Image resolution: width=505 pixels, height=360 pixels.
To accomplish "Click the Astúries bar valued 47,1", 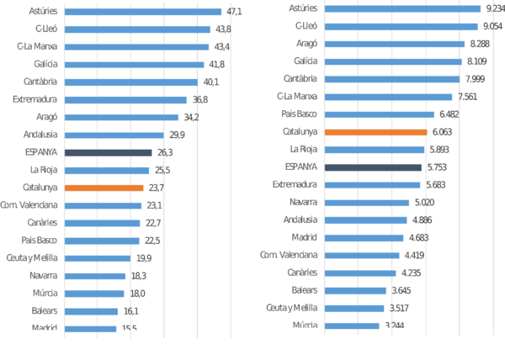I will (x=143, y=12).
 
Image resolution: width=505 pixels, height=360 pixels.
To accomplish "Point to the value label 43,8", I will (x=222, y=29).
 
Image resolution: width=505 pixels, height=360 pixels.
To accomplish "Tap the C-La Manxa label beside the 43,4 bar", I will (x=36, y=47).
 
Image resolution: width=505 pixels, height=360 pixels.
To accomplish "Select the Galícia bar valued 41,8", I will (x=134, y=65).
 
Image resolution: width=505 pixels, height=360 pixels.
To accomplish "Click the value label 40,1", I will (x=210, y=82).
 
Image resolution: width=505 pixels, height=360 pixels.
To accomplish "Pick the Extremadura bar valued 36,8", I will (x=125, y=99).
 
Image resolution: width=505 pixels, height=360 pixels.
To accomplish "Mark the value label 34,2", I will (x=191, y=117).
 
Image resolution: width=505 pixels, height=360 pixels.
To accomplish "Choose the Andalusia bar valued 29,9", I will (x=114, y=135).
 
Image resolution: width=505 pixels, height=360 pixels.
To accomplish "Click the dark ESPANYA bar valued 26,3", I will (x=109, y=152).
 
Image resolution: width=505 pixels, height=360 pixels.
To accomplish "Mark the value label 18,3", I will (x=138, y=275).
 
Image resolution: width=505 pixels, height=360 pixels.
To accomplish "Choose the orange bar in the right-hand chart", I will (x=376, y=132).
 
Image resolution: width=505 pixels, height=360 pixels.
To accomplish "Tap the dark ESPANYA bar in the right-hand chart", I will (x=374, y=167).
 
